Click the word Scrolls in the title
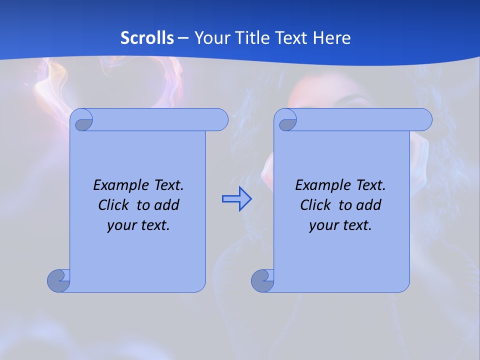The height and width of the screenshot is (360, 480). (x=147, y=38)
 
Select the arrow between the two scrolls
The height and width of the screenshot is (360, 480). (x=236, y=199)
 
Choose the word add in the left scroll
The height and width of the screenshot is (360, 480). (x=167, y=205)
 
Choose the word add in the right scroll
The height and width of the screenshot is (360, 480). (x=369, y=205)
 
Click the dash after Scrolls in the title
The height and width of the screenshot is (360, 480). (x=183, y=38)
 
